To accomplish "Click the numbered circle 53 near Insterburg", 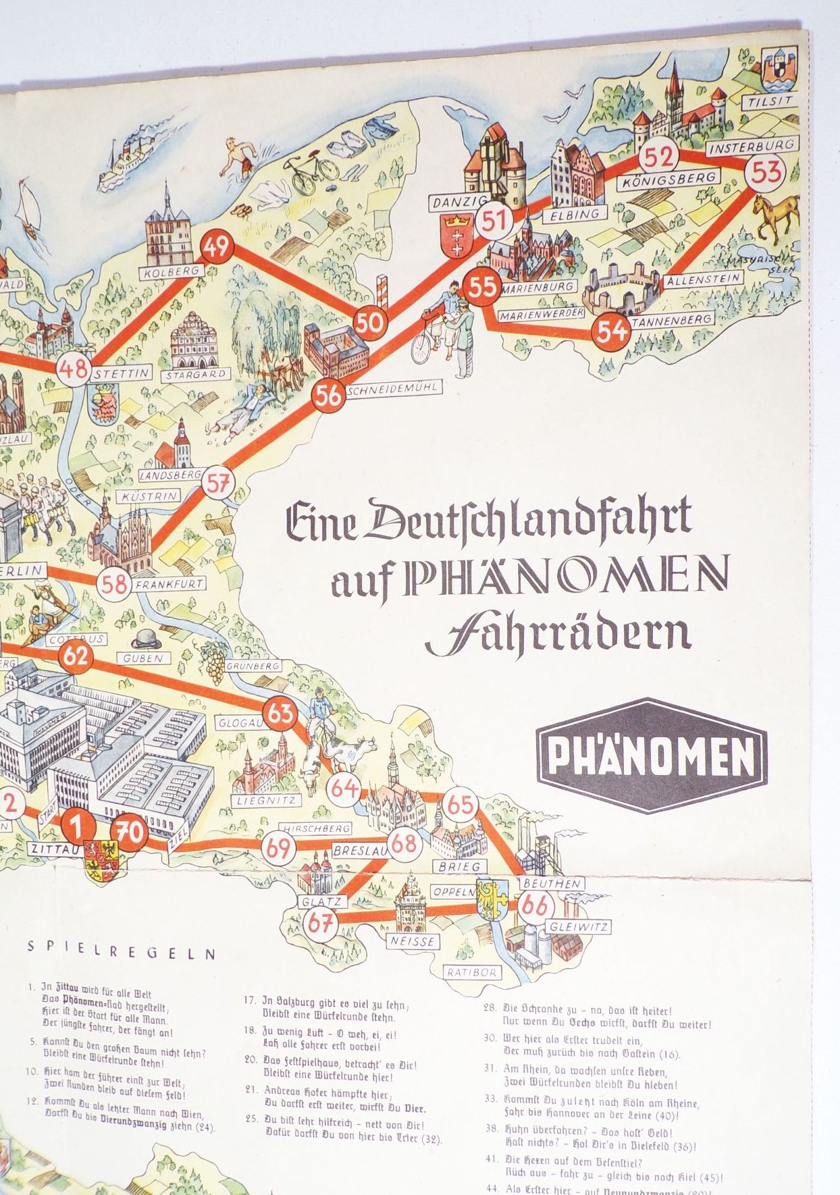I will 766,172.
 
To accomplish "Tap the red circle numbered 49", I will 217,247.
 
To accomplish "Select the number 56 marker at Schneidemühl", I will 329,396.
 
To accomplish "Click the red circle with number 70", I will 130,832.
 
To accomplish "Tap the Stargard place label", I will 196,373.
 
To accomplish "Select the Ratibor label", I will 471,972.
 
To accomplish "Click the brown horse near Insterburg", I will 775,215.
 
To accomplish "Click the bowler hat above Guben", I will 143,637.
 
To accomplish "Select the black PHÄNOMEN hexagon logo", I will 652,755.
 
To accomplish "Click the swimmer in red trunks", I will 238,157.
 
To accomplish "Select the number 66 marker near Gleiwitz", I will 535,905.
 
